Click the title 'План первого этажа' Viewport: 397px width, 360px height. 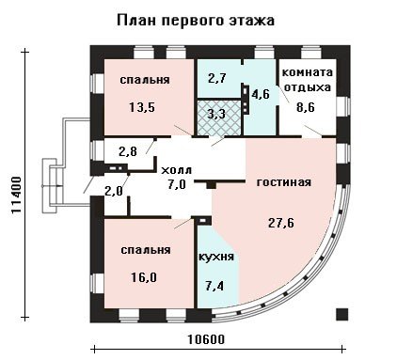[x=196, y=21]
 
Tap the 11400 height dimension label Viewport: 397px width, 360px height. [x=16, y=195]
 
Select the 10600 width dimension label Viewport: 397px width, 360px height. [x=207, y=339]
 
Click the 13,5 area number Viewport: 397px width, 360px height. [x=142, y=107]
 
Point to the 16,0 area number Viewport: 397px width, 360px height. [x=143, y=277]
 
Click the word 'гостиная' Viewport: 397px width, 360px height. [x=284, y=182]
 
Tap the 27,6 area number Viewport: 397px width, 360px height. [x=281, y=223]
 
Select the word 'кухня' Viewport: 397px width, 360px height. [x=216, y=257]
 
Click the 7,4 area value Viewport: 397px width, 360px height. [x=214, y=286]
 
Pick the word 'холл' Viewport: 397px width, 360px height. [x=176, y=171]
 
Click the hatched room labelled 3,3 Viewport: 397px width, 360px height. [x=218, y=117]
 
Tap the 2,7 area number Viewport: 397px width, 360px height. [x=216, y=78]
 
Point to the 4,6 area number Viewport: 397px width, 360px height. [x=261, y=94]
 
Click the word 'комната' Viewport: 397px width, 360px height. [x=308, y=72]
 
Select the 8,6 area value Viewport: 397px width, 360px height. [x=306, y=107]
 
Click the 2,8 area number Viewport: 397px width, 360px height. [x=128, y=151]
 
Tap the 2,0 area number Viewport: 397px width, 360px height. [x=114, y=190]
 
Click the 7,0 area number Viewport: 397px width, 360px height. [x=177, y=184]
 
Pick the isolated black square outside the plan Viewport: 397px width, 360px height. [x=341, y=314]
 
